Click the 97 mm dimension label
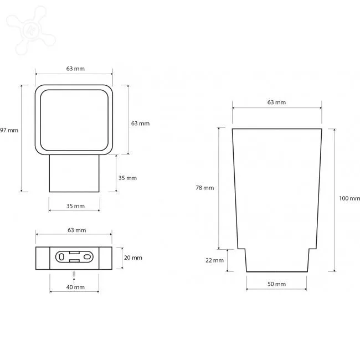coord(9,130)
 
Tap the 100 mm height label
coord(349,198)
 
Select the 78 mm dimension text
coord(204,188)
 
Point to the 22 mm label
coord(214,260)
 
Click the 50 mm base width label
coord(276,284)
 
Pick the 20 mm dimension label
coord(133,258)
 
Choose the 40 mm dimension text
coord(75,287)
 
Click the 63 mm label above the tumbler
coord(276,102)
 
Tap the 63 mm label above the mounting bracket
coord(76,230)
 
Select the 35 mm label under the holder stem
coord(75,206)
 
